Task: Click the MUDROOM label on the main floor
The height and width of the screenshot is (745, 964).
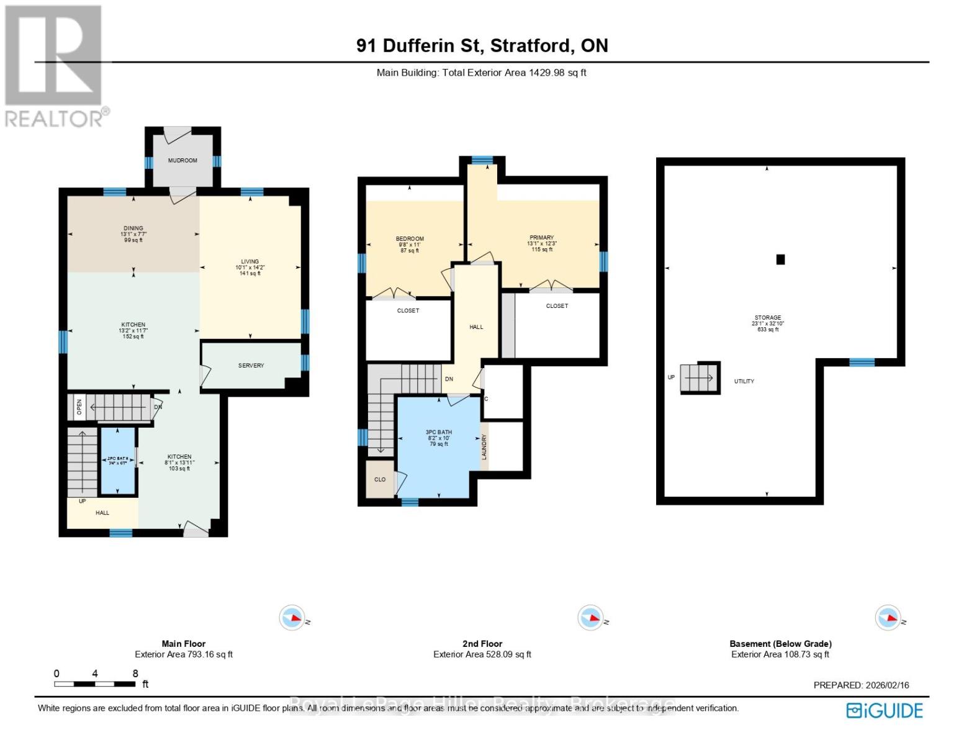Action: coord(182,160)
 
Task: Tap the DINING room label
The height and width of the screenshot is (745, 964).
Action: coord(133,228)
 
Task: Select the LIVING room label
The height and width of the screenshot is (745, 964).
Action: coord(250,262)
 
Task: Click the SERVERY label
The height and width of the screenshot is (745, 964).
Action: coord(251,366)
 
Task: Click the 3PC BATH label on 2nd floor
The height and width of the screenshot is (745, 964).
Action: coord(438,433)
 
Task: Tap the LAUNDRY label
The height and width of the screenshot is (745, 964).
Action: coord(484,446)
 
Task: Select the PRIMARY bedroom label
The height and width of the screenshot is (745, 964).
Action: coord(541,238)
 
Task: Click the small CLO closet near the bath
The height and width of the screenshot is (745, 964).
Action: coord(380,479)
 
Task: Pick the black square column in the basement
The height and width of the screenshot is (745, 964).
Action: coord(780,260)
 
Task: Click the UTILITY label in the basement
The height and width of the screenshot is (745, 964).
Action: coord(744,381)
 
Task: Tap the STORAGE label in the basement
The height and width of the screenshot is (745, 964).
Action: coord(767,318)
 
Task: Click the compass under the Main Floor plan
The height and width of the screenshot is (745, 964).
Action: coord(291,618)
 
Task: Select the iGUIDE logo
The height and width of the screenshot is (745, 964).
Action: coord(885,710)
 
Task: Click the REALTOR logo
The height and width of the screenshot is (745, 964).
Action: coord(54,66)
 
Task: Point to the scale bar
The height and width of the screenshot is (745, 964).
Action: coord(95,684)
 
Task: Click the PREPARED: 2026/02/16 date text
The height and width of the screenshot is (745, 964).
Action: coord(861,685)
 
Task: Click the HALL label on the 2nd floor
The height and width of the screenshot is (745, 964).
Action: coord(476,327)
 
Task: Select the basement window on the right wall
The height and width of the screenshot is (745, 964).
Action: coord(862,363)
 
